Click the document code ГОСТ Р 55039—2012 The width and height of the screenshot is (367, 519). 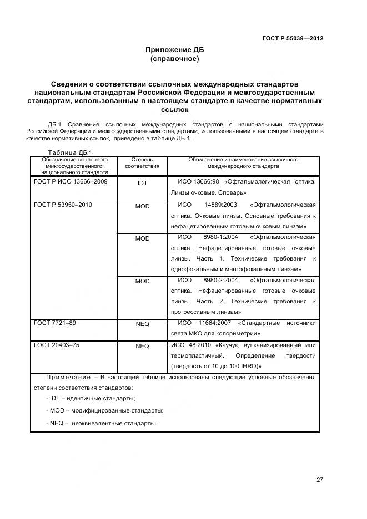pos(292,38)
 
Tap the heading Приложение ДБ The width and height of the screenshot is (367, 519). pos(174,49)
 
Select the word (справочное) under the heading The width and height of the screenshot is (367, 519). pos(174,58)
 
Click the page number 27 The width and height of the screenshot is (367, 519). pos(319,480)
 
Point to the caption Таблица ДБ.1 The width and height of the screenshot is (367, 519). pos(69,152)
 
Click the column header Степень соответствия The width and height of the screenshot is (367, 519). pos(142,162)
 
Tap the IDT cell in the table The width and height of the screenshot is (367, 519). pos(142,182)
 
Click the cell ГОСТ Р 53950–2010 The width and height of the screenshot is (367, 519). pos(63,205)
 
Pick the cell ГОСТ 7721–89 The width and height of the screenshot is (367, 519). pos(55,322)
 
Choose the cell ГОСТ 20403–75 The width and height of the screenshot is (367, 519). pos(57,345)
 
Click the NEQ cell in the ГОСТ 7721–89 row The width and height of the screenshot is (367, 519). pos(142,323)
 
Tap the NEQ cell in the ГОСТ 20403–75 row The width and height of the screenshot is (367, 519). pos(142,346)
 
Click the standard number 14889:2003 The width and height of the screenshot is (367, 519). pos(220,205)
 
